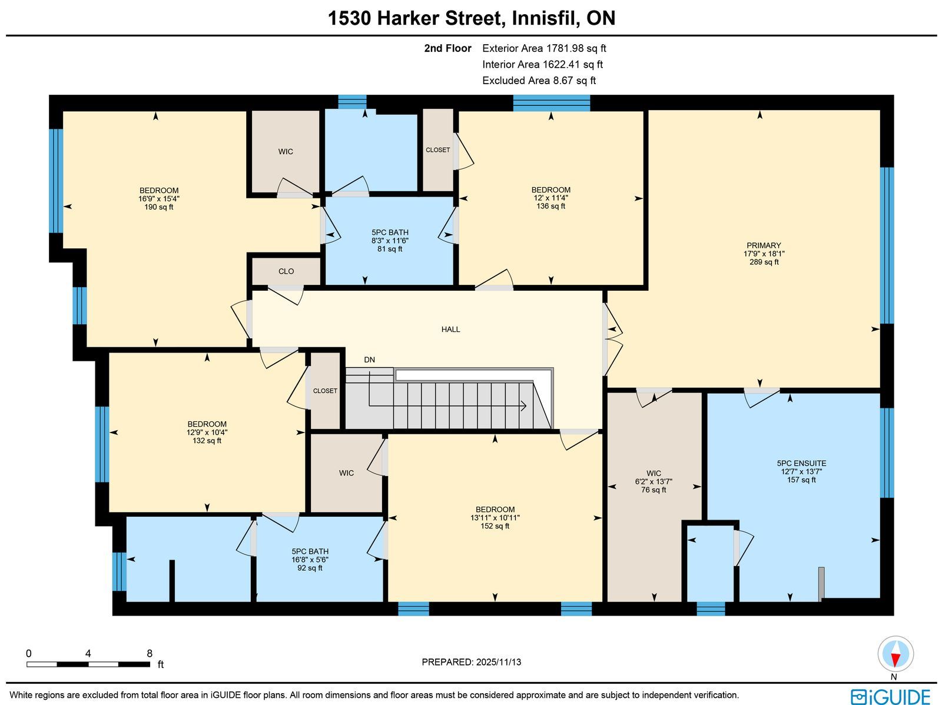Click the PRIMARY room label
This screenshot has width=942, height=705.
[x=764, y=245]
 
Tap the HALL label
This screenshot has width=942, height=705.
[x=450, y=330]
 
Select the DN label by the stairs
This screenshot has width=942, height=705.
[x=370, y=360]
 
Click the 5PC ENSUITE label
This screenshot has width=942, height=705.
[x=801, y=463]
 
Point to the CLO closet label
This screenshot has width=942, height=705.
[x=286, y=271]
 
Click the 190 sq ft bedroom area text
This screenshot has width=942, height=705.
[x=159, y=207]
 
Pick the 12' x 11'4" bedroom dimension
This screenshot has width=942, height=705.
[x=550, y=198]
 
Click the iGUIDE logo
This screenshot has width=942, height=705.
[x=891, y=696]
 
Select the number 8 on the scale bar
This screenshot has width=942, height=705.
[x=150, y=654]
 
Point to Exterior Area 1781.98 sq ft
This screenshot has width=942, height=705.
[x=544, y=48]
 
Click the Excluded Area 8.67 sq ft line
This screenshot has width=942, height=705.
[x=539, y=81]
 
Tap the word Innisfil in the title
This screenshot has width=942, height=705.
[x=543, y=18]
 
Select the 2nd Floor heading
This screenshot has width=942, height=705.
[x=447, y=48]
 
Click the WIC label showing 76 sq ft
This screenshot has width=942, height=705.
[x=654, y=473]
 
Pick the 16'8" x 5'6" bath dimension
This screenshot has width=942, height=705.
[x=310, y=560]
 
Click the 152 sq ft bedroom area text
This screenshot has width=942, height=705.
[x=495, y=526]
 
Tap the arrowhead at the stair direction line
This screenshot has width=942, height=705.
[x=524, y=405]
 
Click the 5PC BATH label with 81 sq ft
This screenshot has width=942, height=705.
[x=390, y=232]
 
